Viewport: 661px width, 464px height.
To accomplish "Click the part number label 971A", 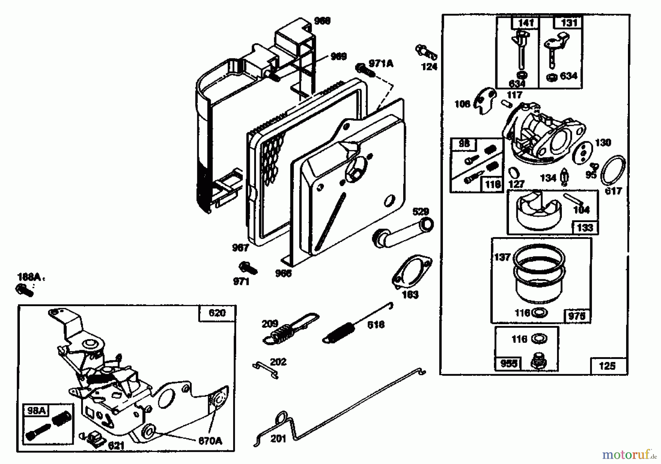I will tap(381, 64).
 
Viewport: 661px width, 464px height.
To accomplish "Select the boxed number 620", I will tap(217, 313).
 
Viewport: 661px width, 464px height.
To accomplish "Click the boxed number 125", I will tap(607, 366).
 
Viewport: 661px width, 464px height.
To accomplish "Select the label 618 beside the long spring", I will tap(376, 325).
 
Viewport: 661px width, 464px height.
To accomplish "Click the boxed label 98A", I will tap(36, 411).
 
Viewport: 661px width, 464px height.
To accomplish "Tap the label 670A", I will tap(210, 441).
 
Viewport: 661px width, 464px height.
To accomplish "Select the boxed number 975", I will tap(577, 316).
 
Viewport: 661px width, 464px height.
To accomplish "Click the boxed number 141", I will tap(525, 23).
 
